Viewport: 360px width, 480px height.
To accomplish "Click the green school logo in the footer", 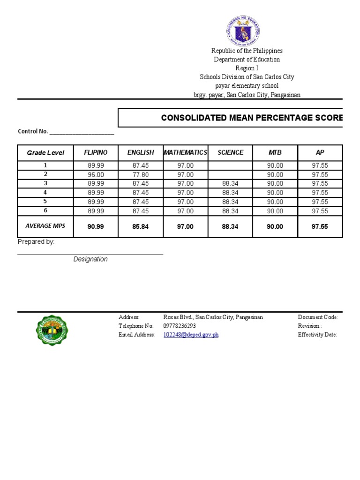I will click(x=52, y=330).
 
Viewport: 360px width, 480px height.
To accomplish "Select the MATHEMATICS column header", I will click(x=185, y=153).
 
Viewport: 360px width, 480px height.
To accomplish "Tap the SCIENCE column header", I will click(x=230, y=153).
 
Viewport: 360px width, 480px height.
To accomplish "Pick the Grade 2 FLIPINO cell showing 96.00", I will click(x=96, y=174).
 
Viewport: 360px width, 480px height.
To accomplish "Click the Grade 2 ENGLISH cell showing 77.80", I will click(x=141, y=174).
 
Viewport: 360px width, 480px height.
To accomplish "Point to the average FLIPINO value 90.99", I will click(x=96, y=227).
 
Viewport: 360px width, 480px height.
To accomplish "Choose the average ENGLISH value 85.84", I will click(x=141, y=227).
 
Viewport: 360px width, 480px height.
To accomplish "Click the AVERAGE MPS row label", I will click(x=45, y=226).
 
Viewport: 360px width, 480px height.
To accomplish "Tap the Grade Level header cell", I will click(x=45, y=153).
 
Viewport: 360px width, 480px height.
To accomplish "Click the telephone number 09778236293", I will click(x=180, y=326).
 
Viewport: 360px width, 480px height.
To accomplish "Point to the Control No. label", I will click(x=33, y=132).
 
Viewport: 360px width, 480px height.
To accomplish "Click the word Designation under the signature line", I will click(x=90, y=259).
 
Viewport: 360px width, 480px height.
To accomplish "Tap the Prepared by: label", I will click(x=36, y=242).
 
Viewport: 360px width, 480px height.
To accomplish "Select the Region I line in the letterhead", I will click(x=247, y=68).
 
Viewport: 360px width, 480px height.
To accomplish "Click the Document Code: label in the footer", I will click(x=317, y=317).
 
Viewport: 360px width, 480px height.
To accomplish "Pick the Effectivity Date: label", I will click(x=317, y=335).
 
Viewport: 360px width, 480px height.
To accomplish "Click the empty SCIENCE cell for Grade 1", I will click(x=230, y=165).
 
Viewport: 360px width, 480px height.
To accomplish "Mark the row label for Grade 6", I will click(x=45, y=211).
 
